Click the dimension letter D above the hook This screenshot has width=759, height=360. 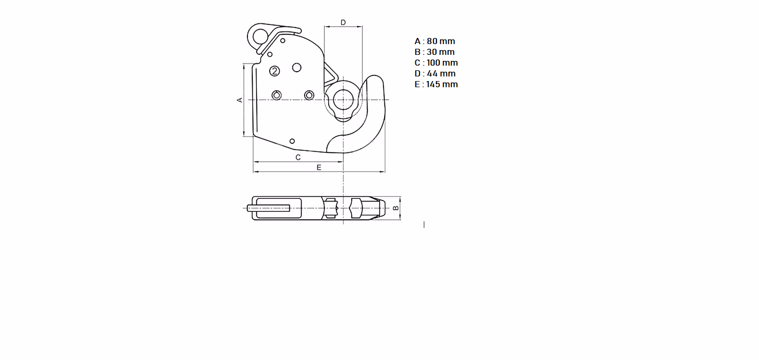[343, 22]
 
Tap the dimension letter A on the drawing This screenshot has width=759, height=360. [240, 100]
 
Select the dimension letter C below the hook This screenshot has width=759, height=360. [298, 157]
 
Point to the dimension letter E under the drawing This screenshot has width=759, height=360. [319, 167]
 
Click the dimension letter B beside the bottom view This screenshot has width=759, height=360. [396, 208]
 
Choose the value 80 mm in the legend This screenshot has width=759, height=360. [441, 41]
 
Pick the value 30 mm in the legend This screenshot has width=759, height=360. [441, 52]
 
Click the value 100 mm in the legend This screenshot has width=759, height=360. [442, 63]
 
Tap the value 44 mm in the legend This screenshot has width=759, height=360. [441, 74]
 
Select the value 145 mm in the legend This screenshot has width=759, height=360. [442, 84]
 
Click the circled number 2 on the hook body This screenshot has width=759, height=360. [275, 71]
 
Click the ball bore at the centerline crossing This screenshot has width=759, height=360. [343, 100]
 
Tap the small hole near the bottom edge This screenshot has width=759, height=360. [293, 141]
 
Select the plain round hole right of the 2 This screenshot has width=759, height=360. [297, 68]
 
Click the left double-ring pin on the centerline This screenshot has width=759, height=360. [277, 96]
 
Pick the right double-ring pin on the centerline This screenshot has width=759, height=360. [309, 96]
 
